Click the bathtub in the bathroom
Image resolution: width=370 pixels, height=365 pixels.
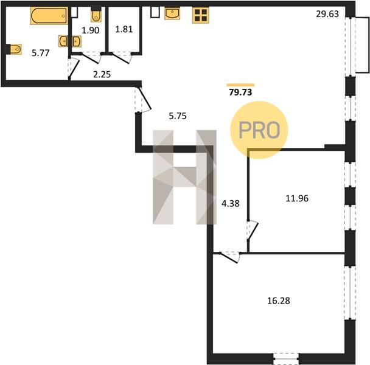pyautogui.click(x=49, y=16)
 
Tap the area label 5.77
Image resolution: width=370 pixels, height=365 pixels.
pyautogui.click(x=41, y=53)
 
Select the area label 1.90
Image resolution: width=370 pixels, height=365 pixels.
pyautogui.click(x=91, y=30)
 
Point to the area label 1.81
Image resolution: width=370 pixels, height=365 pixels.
pyautogui.click(x=124, y=29)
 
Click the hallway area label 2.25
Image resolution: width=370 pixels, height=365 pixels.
pyautogui.click(x=102, y=75)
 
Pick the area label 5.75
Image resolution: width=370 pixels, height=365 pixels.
pyautogui.click(x=178, y=116)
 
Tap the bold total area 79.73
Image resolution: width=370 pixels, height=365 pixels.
pyautogui.click(x=240, y=92)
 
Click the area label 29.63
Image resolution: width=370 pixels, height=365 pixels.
pyautogui.click(x=327, y=14)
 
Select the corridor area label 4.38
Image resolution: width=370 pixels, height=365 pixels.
pyautogui.click(x=231, y=203)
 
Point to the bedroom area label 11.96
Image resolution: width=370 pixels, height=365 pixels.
pyautogui.click(x=297, y=198)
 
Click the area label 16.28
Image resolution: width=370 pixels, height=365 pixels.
pyautogui.click(x=279, y=301)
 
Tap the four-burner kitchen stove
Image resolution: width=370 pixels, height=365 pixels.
pyautogui.click(x=201, y=15)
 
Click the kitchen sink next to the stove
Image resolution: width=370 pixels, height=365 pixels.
pyautogui.click(x=172, y=13)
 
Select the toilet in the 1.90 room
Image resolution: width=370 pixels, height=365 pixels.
pyautogui.click(x=96, y=15)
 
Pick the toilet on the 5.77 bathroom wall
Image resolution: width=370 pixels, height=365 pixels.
pyautogui.click(x=14, y=49)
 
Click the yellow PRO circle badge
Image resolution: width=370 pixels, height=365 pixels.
pyautogui.click(x=259, y=130)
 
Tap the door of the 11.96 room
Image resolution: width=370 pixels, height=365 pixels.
pyautogui.click(x=253, y=231)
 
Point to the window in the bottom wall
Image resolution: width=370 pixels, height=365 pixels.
pyautogui.click(x=286, y=359)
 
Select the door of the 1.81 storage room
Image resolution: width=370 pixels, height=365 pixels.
pyautogui.click(x=121, y=58)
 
